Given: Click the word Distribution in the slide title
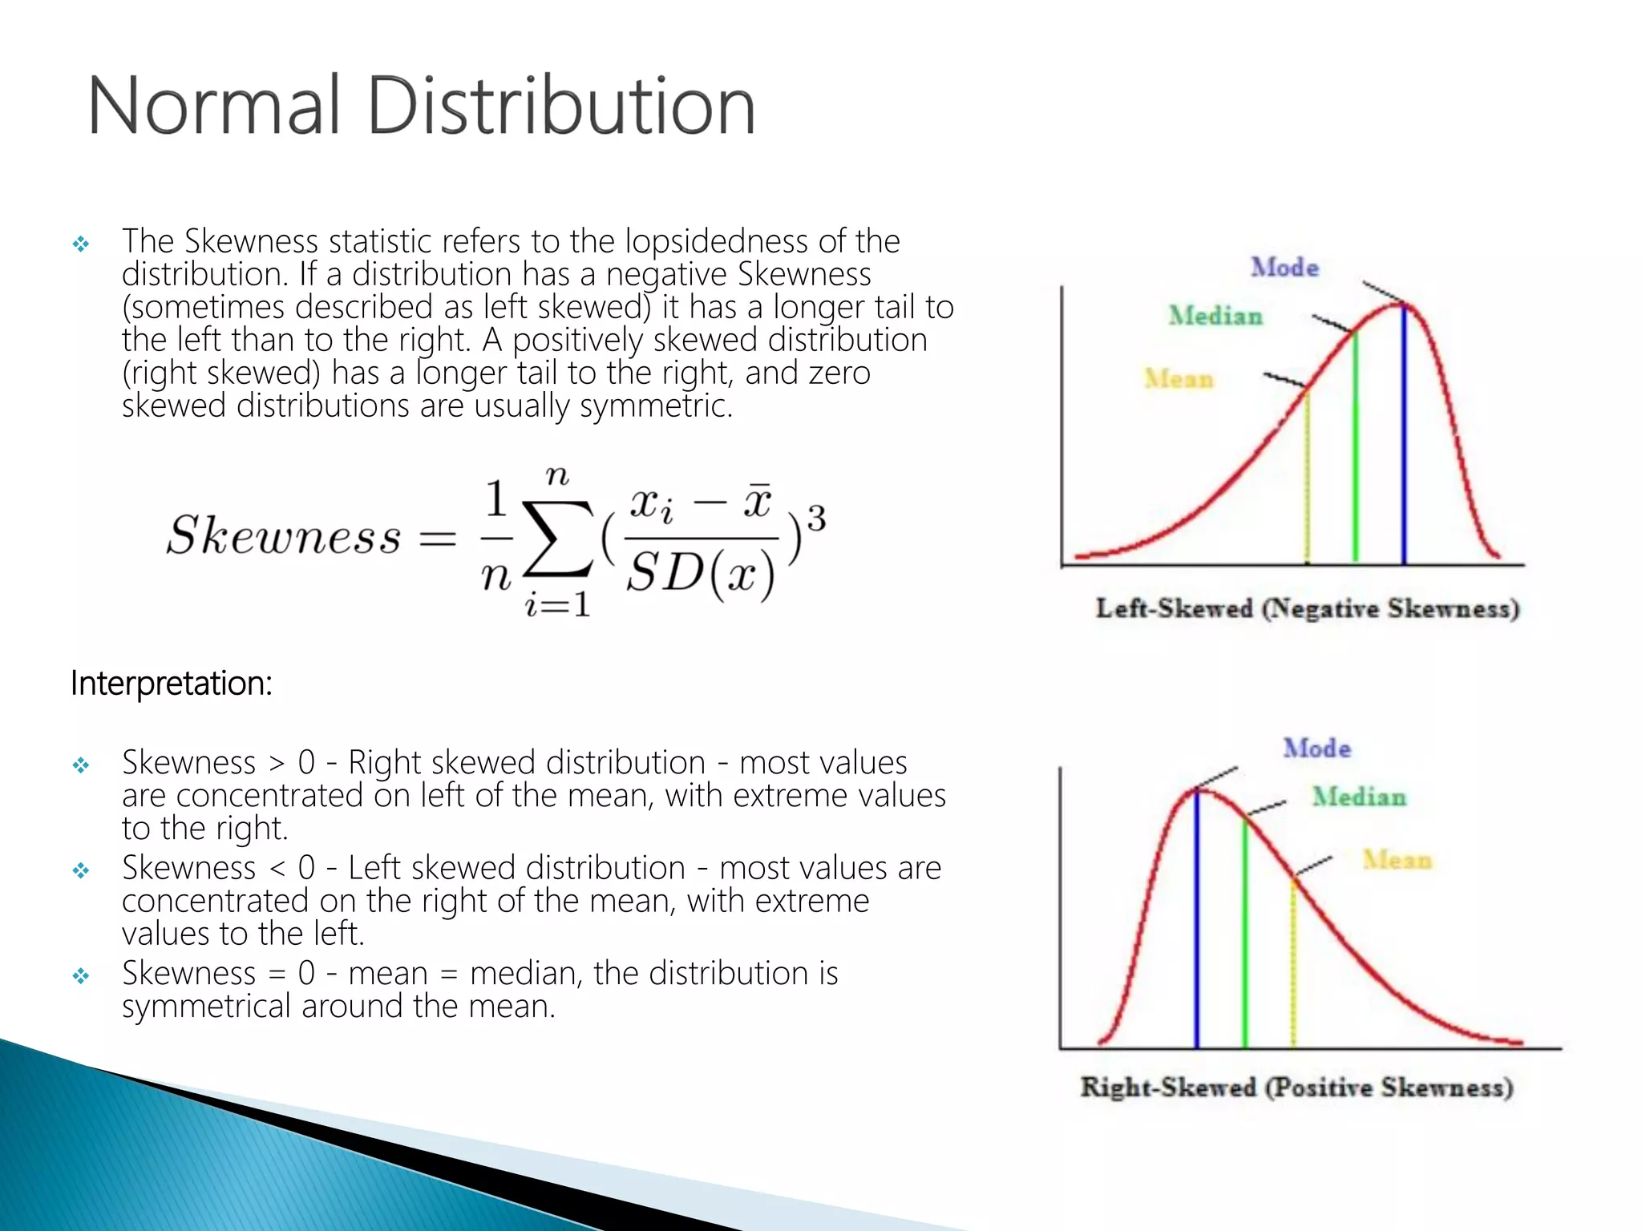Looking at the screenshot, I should point(561,106).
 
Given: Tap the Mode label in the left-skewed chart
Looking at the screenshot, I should point(1284,268).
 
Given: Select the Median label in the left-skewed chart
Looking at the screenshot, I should point(1215,316).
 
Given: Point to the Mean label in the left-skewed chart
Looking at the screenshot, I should point(1179,378).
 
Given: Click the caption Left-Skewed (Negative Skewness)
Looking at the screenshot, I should point(1308,608).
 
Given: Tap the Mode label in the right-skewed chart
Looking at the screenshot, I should point(1316,749).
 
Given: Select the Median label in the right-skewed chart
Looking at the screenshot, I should point(1359,797).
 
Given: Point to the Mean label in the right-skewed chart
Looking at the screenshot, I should point(1397,860).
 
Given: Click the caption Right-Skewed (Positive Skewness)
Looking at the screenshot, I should point(1296,1088).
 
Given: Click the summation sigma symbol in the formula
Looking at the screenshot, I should point(558,539).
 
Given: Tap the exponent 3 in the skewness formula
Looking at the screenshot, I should point(815,519).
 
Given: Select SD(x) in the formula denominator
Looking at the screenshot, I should point(701,574).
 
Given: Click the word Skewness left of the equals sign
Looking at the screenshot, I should point(284,535).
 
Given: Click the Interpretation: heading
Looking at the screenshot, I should point(172,684).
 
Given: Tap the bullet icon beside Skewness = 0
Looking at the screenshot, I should point(81,975).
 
